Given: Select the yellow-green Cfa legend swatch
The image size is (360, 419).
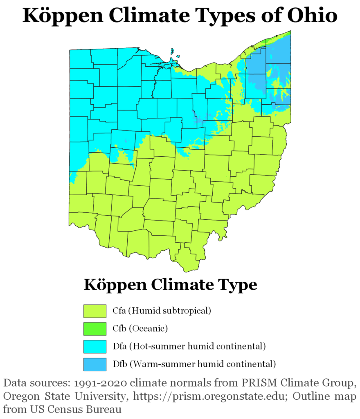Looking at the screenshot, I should (x=94, y=311).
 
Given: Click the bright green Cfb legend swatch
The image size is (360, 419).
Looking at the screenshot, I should (x=94, y=329).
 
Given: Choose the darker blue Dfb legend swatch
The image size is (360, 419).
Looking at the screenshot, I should (x=94, y=364).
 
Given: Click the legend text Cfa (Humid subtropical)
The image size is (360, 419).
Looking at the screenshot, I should (x=162, y=311).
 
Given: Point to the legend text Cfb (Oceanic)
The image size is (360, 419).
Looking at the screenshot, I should (x=140, y=328).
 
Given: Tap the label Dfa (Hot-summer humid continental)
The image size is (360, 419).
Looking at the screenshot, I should (x=189, y=346).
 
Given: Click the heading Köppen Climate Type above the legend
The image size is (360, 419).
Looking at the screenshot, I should (x=170, y=284).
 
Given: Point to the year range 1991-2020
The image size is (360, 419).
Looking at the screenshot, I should (x=101, y=384).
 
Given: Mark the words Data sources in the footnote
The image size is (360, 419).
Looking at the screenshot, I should (x=34, y=384).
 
